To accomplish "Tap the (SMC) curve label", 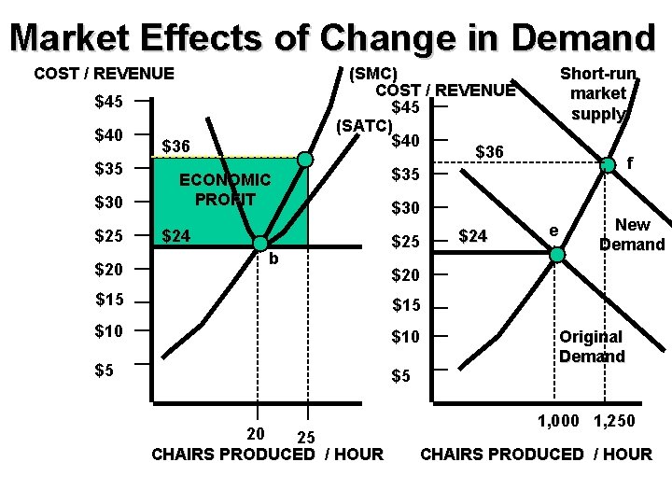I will point(373,74).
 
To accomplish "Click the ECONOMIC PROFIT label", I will point(225,189).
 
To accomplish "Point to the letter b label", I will point(273,259).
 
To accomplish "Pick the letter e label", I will point(553,230).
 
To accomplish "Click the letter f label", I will point(631,162).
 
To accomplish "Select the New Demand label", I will point(632,234).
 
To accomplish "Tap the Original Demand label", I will point(591,346).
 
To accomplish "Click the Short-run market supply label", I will point(597,93).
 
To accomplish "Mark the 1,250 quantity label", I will point(614,421).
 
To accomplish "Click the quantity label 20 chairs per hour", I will point(255,433).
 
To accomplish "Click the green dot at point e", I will point(556,254).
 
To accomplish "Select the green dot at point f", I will point(608,165).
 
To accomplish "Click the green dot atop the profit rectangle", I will point(305,160).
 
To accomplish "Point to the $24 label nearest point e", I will point(473,236).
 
